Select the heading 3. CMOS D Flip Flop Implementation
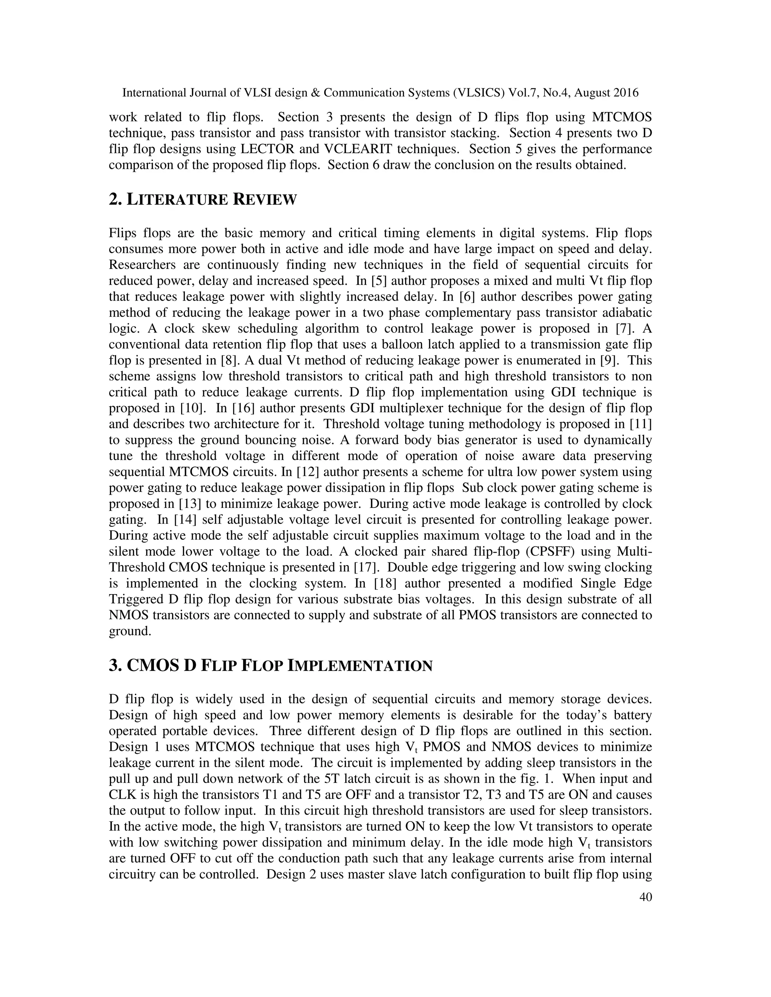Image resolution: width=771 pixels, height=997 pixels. click(270, 666)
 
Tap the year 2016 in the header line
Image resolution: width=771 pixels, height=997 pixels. click(626, 93)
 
